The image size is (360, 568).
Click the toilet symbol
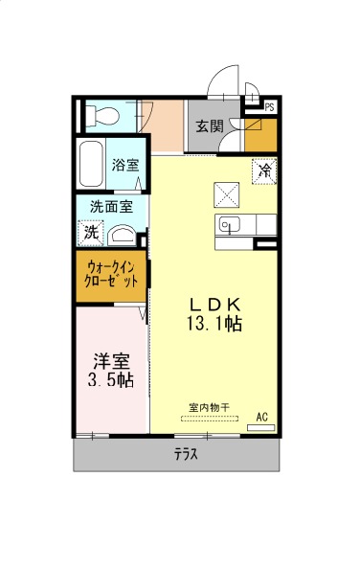coord(102,116)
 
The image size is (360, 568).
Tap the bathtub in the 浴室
coord(91,164)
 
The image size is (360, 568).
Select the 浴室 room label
coord(125,165)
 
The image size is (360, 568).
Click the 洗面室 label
coord(112,207)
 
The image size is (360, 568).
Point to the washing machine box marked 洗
coord(91,233)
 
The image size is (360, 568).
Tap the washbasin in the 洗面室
coord(122,236)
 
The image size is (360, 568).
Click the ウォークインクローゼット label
coord(111,275)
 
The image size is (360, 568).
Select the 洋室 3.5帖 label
coord(111,371)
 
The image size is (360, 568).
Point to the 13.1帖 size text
coord(214,323)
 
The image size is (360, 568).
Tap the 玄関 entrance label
coord(210,126)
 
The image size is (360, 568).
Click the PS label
coord(269,107)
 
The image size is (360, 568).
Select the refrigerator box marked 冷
coord(265,170)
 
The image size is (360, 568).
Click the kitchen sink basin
coord(229,225)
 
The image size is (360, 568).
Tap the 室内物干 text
coord(209,407)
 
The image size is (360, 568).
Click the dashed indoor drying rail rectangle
coord(210,419)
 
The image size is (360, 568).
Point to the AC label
coord(261,417)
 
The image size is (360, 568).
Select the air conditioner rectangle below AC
coord(260,427)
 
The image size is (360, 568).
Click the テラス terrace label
coord(186,453)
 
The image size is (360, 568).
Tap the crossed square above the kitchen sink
coord(226,194)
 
